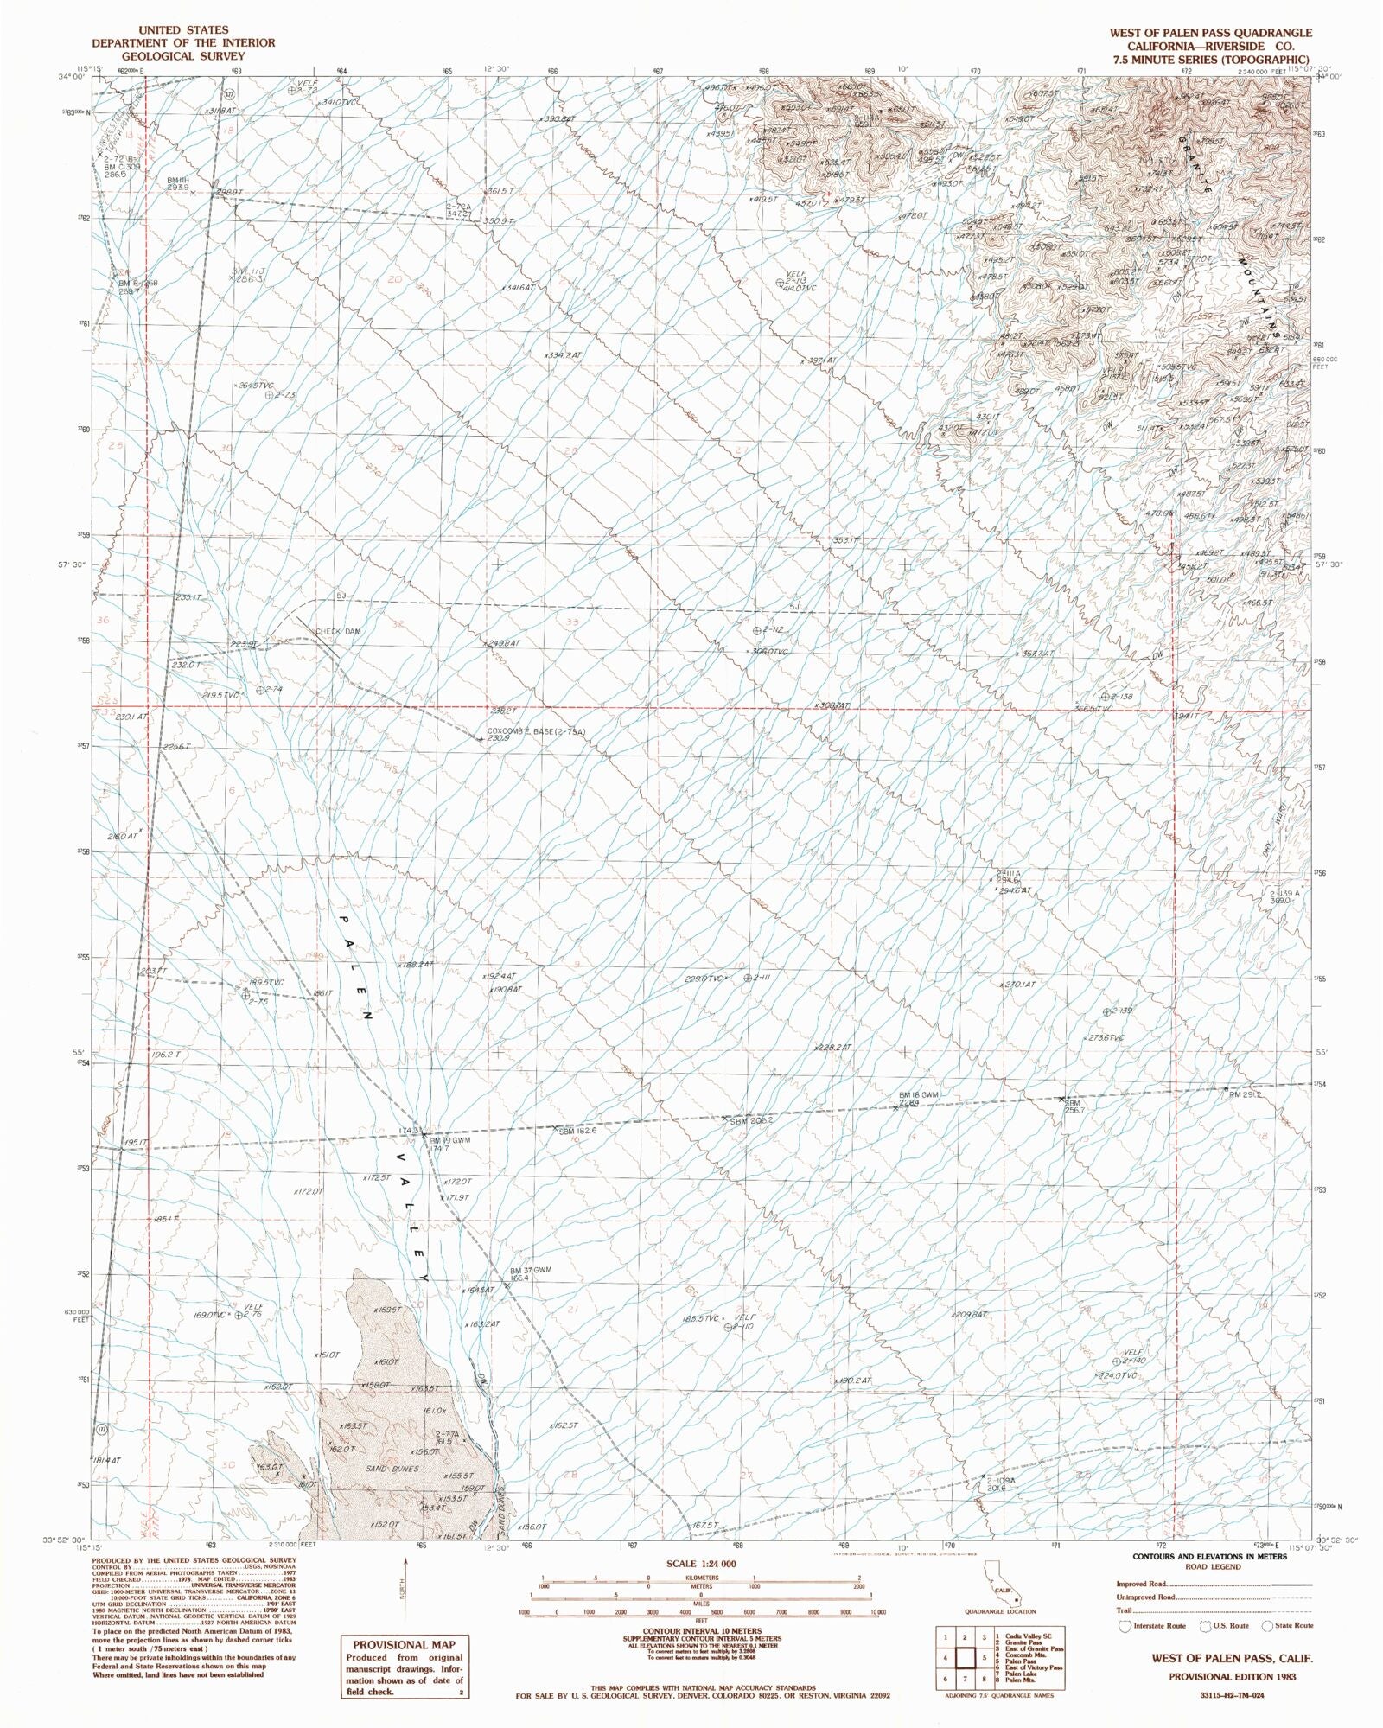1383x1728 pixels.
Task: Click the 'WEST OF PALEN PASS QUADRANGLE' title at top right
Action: [1198, 33]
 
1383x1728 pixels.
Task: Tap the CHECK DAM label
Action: [338, 631]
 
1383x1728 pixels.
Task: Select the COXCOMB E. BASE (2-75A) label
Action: [536, 731]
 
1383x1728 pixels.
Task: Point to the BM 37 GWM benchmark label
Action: [530, 1269]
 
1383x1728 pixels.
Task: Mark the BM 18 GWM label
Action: [918, 1094]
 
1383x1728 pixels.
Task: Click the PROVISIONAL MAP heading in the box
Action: [404, 1645]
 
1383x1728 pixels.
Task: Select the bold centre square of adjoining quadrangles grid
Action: [965, 1657]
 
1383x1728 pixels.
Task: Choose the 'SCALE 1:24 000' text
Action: [701, 1565]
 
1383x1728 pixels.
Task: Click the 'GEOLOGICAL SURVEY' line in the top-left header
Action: [183, 56]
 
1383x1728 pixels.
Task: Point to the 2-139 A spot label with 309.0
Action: [1284, 896]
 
